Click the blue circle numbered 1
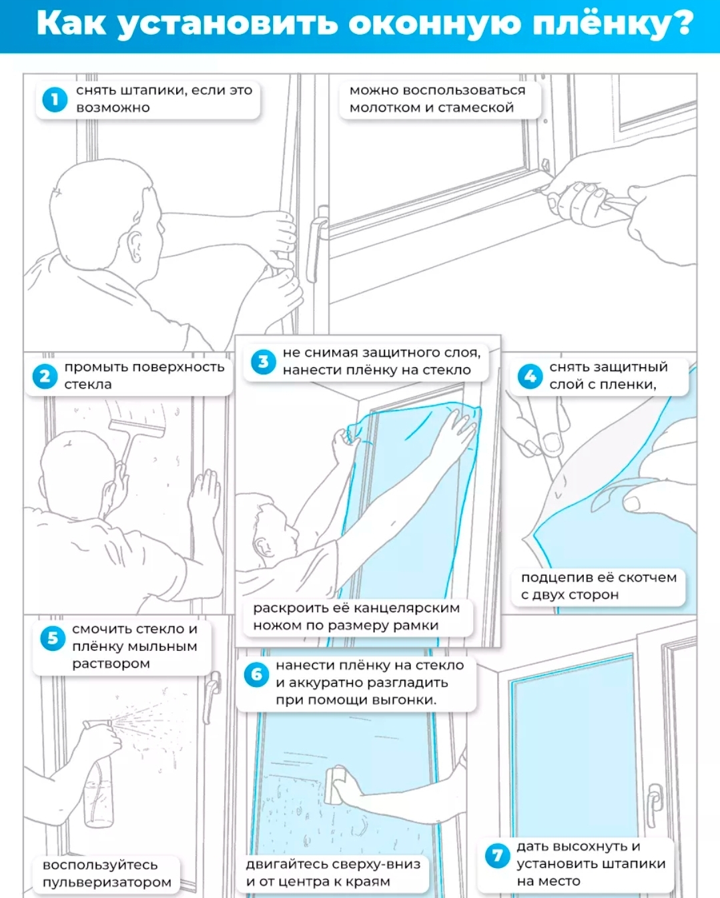point(55,99)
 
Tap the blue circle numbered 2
point(45,377)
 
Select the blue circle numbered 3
point(263,361)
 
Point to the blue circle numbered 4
point(530,377)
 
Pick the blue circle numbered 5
point(53,638)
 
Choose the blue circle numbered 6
point(256,674)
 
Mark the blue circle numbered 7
point(497,856)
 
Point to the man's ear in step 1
point(135,246)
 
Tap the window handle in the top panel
point(317,244)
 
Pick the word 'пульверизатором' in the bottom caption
point(107,882)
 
